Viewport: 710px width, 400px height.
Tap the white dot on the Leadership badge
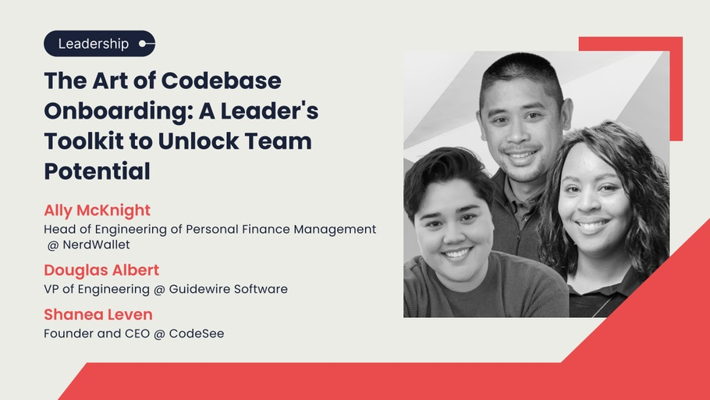[142, 44]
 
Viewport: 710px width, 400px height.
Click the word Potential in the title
[97, 171]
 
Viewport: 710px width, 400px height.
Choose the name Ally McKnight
[97, 210]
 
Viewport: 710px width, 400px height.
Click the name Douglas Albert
[101, 270]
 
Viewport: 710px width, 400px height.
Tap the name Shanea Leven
[98, 314]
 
